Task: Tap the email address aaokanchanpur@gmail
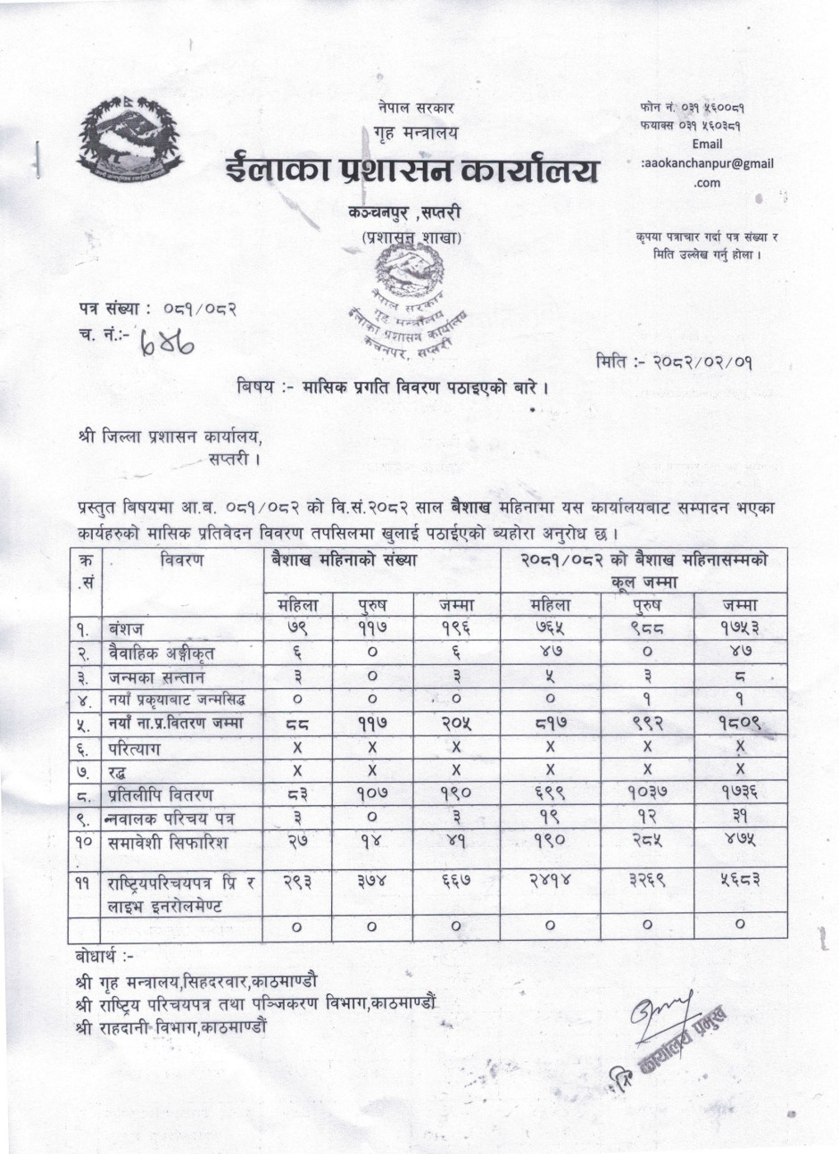pyautogui.click(x=707, y=163)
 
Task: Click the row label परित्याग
pyautogui.click(x=148, y=747)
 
